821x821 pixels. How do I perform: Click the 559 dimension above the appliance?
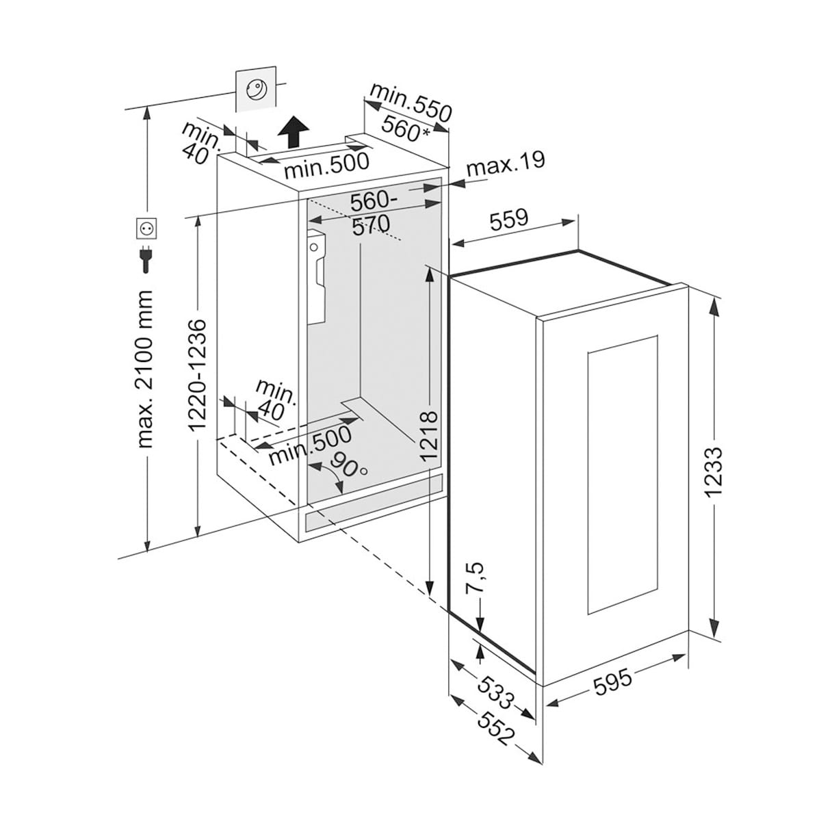509,219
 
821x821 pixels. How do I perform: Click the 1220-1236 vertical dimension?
197,375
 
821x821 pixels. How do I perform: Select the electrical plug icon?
146,257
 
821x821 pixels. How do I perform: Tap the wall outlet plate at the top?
255,88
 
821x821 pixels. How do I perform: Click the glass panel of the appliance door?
621,475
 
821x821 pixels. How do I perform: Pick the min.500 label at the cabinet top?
326,164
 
